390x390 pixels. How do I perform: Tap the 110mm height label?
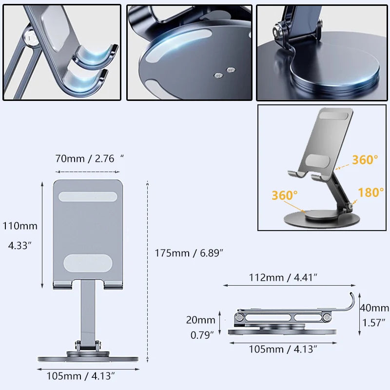[x=20, y=226]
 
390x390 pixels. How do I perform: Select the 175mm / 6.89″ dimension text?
[x=189, y=253]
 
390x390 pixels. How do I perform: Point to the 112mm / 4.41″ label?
[x=283, y=277]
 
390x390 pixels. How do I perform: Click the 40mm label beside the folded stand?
[x=374, y=308]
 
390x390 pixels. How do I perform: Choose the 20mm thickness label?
[x=200, y=320]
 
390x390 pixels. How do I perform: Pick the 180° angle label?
[x=371, y=193]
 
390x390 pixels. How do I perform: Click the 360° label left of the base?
[x=285, y=195]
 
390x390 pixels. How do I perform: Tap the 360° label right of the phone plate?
[x=365, y=159]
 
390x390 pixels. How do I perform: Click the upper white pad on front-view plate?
[x=88, y=196]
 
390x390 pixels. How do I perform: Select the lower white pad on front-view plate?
[x=88, y=263]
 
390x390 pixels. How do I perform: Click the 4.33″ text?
[x=20, y=246]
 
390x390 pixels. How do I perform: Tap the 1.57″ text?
[x=374, y=322]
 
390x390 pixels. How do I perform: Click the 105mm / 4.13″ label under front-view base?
[x=81, y=376]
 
